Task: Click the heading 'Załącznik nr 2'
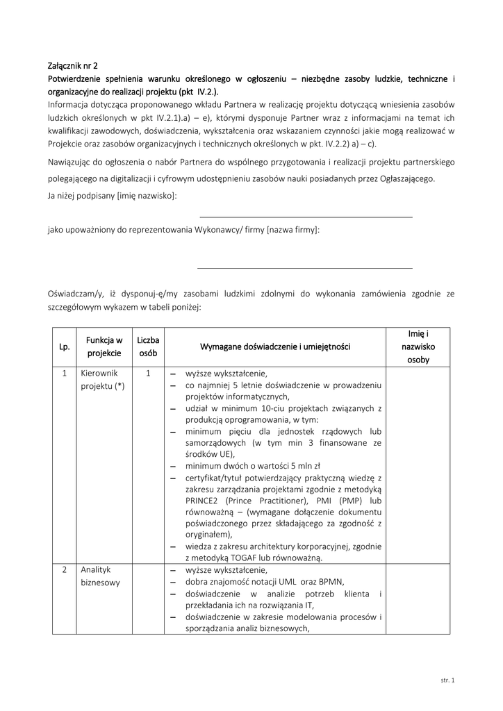pos(73,67)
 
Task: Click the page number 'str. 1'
pos(448,680)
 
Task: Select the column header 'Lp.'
pos(65,346)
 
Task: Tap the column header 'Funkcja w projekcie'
pos(104,346)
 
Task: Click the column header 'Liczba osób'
pos(148,346)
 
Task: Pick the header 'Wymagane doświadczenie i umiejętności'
pos(275,346)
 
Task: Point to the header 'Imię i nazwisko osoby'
pos(418,346)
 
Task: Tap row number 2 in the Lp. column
pos(65,569)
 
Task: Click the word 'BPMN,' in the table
pos(331,582)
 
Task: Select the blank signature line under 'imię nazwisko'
pos(306,217)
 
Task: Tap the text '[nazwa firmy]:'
pos(293,230)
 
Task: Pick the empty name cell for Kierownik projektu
pos(418,465)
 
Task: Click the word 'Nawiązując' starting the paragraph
pos(69,162)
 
